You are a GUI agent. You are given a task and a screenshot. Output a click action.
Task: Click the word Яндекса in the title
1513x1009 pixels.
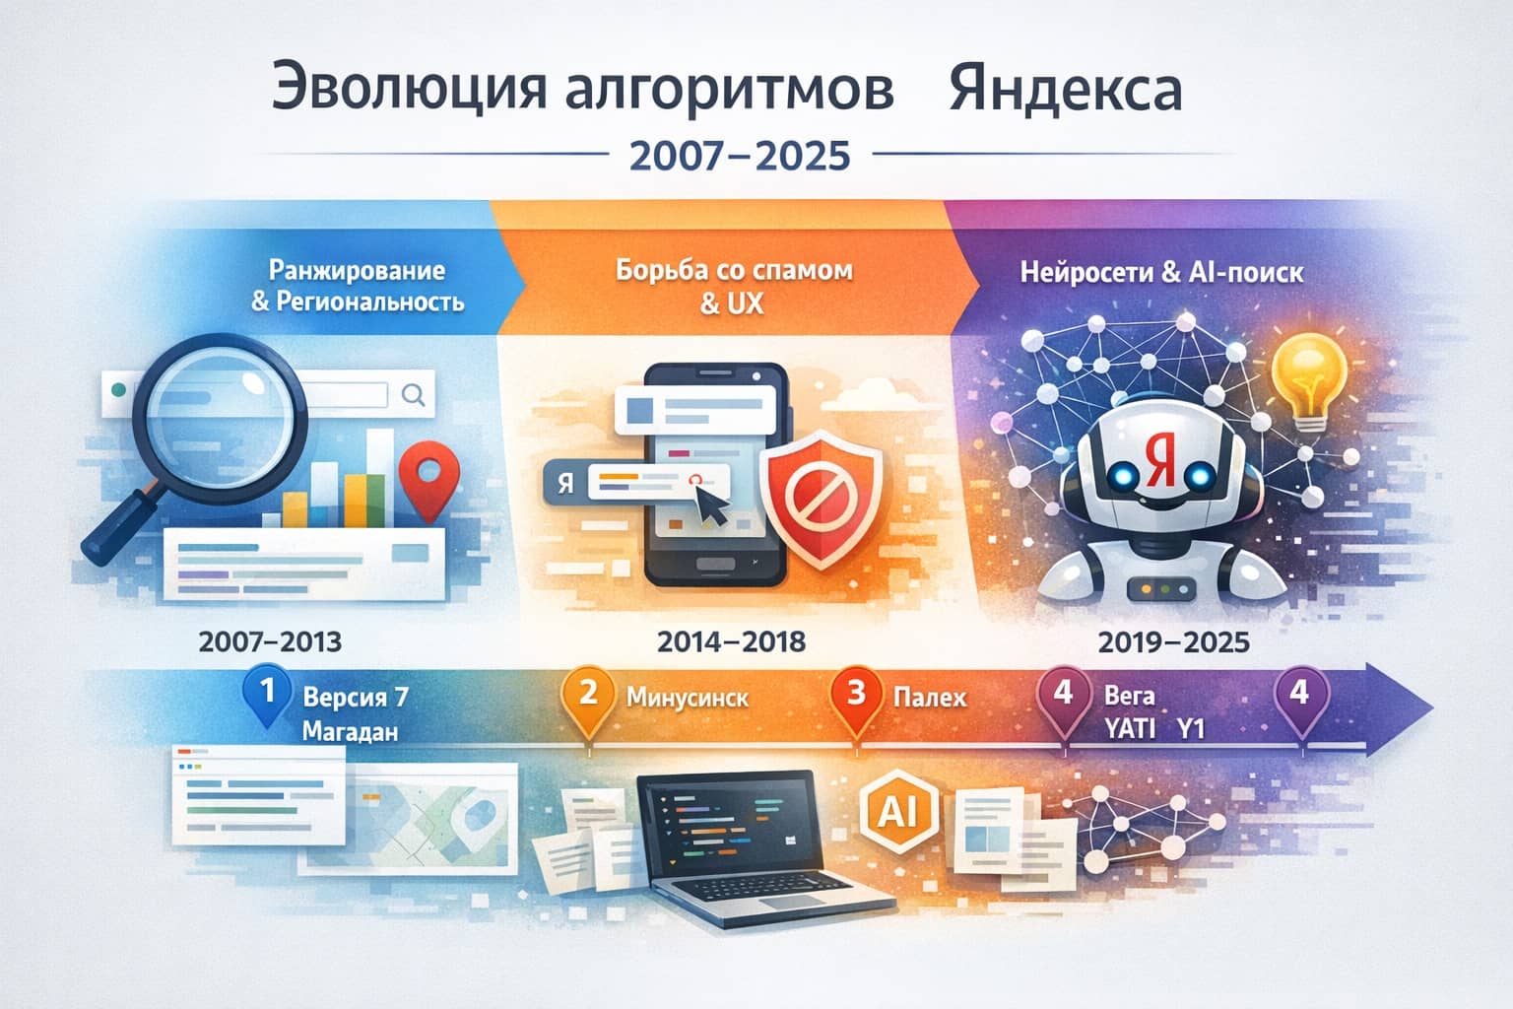[1065, 89]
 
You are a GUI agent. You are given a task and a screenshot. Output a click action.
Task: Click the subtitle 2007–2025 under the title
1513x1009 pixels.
[738, 156]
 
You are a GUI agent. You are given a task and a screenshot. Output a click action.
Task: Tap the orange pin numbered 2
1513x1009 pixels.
[587, 696]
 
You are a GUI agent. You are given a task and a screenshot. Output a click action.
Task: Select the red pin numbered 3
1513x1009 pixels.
[855, 695]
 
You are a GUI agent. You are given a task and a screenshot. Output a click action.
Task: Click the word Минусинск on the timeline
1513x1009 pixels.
[687, 699]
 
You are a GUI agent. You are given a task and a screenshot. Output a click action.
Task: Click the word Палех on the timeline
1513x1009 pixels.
[929, 698]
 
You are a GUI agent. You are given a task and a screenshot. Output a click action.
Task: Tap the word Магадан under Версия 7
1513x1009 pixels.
[350, 731]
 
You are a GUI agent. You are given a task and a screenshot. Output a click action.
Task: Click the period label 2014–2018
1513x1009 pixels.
[730, 641]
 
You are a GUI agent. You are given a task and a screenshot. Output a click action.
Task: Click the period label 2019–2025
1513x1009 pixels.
[1172, 643]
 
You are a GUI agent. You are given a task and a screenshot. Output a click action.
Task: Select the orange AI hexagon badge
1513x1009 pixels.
[897, 812]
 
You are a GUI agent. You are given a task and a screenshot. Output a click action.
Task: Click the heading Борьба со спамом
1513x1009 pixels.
[734, 269]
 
